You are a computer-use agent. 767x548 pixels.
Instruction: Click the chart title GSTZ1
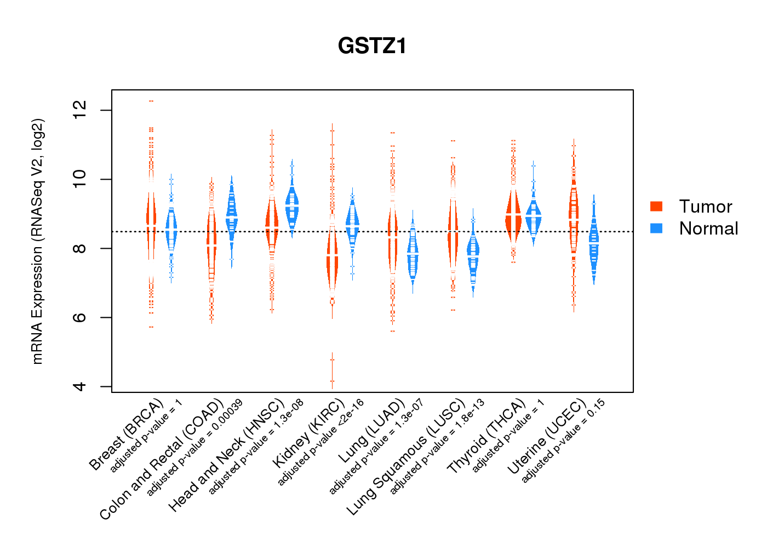(x=373, y=46)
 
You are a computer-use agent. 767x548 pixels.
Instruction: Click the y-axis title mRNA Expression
(x=37, y=241)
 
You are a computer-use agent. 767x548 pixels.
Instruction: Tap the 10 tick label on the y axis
(x=80, y=179)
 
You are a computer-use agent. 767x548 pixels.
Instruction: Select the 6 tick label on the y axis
(x=80, y=317)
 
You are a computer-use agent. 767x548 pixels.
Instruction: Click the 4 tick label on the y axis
(x=80, y=386)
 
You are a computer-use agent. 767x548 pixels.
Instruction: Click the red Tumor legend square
(x=656, y=206)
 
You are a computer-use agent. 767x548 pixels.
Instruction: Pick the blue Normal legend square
(x=656, y=228)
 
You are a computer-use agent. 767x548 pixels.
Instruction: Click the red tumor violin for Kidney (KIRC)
(x=332, y=263)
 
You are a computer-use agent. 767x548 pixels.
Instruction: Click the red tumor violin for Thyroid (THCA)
(x=513, y=216)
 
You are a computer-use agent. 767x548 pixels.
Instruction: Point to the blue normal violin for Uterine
(x=594, y=244)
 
